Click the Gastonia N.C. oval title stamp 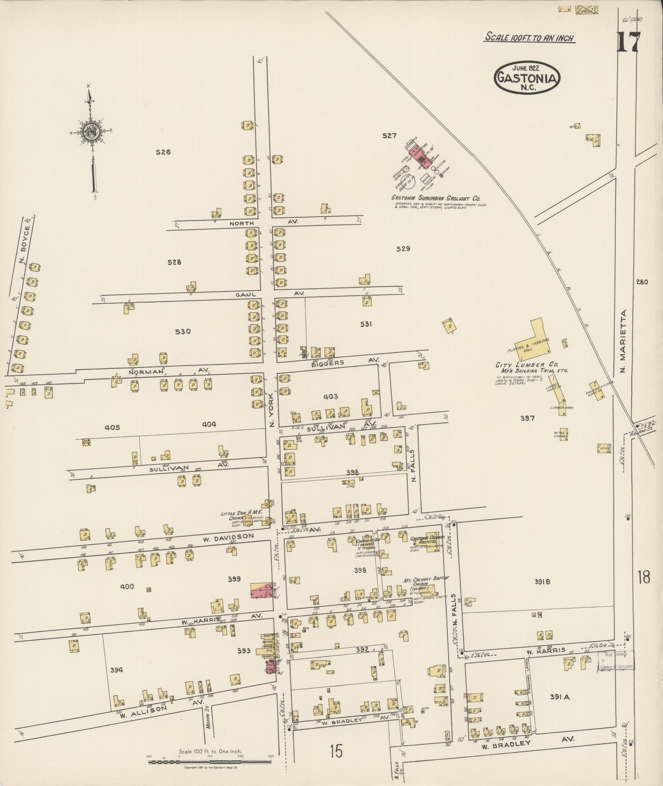click(527, 77)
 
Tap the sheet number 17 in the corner click(627, 43)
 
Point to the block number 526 click(163, 152)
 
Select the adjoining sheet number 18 click(643, 577)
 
